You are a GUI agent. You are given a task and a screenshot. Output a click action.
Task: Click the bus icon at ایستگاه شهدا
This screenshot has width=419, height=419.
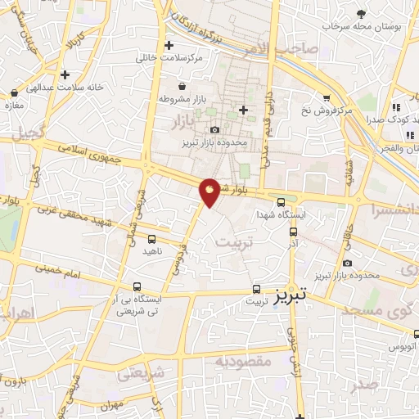point(280,202)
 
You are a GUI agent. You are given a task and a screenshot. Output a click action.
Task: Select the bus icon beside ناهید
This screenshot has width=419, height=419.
point(151,239)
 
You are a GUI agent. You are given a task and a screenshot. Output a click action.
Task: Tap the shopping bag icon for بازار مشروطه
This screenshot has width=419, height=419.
point(181,86)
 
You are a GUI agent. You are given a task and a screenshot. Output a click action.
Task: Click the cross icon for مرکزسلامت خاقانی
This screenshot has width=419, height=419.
point(169,45)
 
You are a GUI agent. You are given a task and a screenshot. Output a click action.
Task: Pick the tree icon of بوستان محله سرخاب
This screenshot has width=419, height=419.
point(361,13)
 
